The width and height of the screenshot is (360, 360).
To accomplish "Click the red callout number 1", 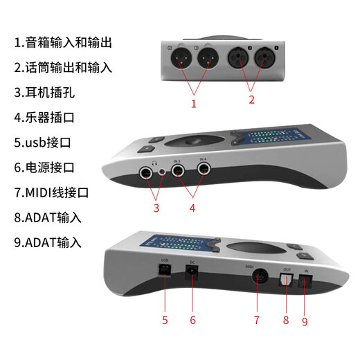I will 194,105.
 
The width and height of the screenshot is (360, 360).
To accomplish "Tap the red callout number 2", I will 251,100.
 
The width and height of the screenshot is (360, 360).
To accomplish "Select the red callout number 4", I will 191,207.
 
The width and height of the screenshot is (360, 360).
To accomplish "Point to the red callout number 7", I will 256,320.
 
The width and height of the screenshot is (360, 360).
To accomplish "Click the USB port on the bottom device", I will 165,272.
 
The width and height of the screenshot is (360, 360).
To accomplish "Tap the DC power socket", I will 192,273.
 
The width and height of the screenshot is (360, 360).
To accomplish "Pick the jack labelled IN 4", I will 202,169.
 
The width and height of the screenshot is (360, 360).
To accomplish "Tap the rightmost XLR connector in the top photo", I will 262,58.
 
